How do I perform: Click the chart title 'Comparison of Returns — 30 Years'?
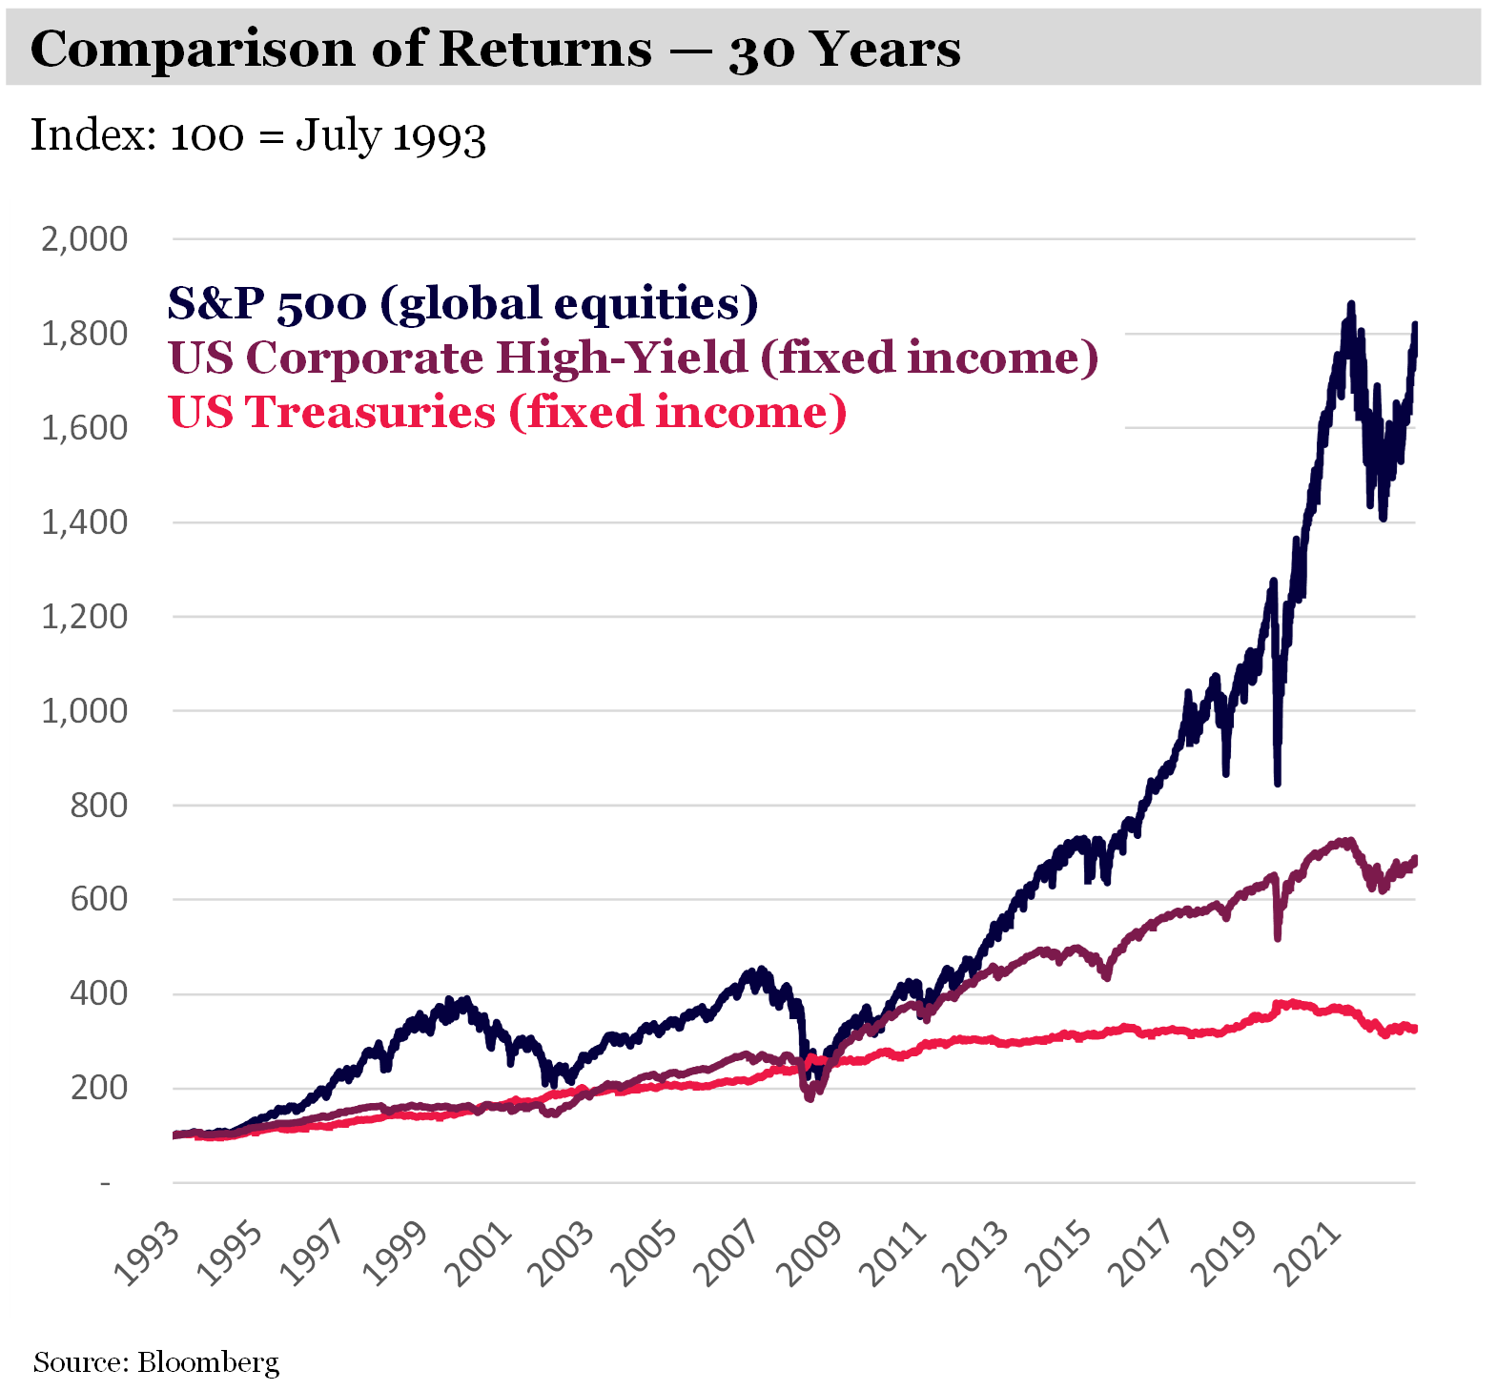(495, 49)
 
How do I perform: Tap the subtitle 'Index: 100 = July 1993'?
(258, 135)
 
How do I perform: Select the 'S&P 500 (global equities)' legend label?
(463, 303)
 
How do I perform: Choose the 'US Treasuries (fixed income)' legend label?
(507, 412)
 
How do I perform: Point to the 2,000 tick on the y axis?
(84, 239)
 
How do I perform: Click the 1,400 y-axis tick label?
(84, 522)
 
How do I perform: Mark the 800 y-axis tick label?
(98, 806)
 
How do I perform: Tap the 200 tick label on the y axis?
(98, 1088)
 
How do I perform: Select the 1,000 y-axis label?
(84, 711)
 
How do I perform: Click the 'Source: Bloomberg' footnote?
(156, 1362)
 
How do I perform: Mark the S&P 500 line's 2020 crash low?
(1277, 783)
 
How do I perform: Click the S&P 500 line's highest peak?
(1350, 305)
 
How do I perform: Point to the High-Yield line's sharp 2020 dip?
(1277, 938)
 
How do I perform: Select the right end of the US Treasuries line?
(1414, 1029)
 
